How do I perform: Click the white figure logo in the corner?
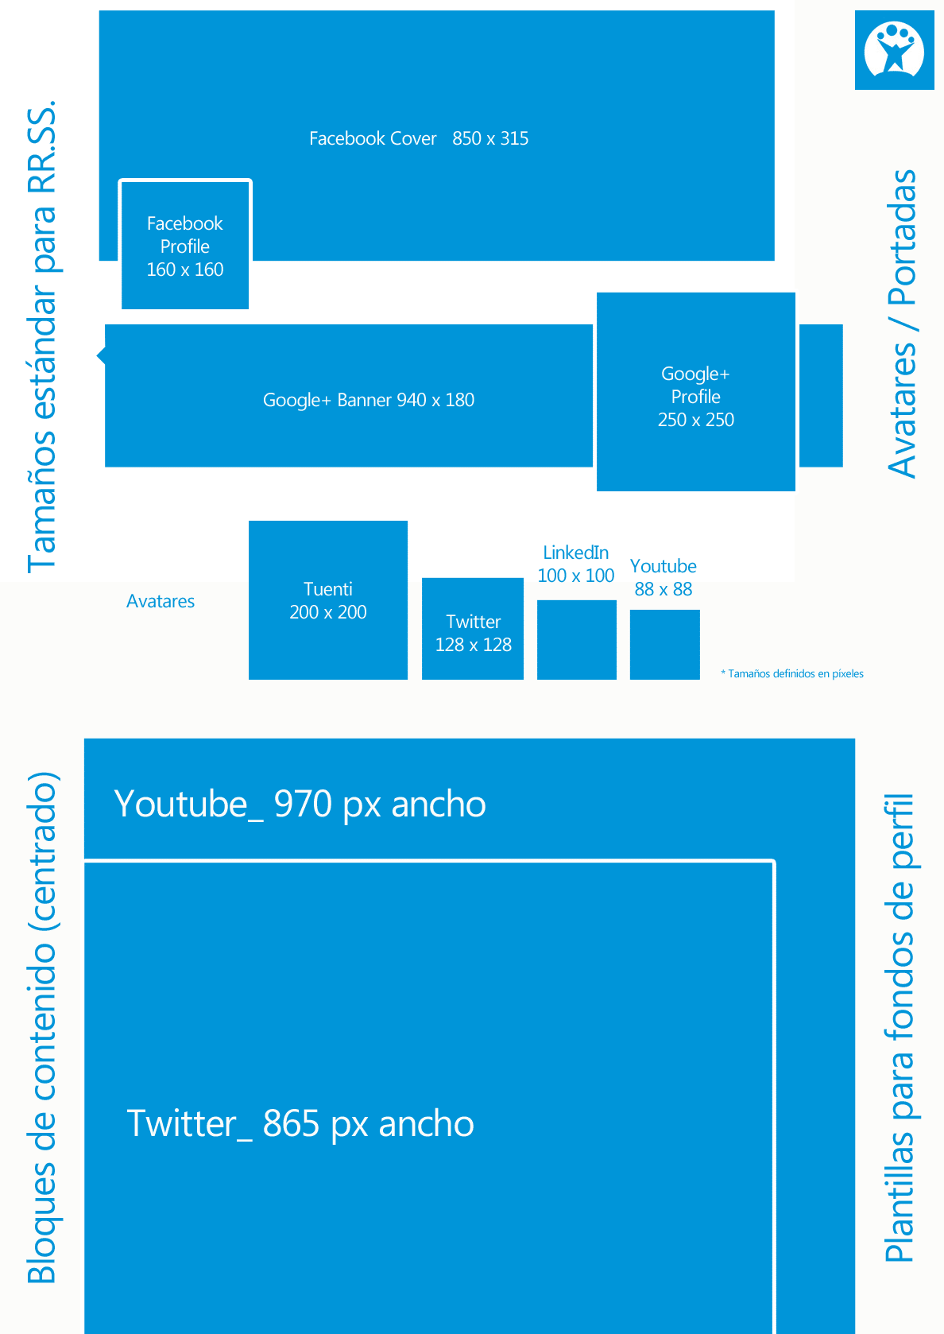894,49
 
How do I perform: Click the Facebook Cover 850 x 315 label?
419,138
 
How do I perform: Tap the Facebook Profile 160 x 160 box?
185,244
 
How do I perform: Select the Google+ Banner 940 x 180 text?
369,400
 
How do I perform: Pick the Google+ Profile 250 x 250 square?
696,392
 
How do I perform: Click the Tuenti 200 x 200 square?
328,600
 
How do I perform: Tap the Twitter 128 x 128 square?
473,629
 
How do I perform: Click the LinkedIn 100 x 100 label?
575,564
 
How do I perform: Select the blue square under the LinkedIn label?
577,640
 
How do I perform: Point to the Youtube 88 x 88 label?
663,577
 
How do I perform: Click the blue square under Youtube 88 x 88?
665,645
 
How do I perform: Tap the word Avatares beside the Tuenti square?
160,601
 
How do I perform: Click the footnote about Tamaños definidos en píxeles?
791,673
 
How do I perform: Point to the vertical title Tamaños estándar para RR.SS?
41,336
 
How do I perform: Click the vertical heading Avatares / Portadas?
903,324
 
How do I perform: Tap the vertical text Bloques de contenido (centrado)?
41,1027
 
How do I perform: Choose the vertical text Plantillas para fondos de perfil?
900,1028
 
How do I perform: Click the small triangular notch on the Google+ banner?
101,355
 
